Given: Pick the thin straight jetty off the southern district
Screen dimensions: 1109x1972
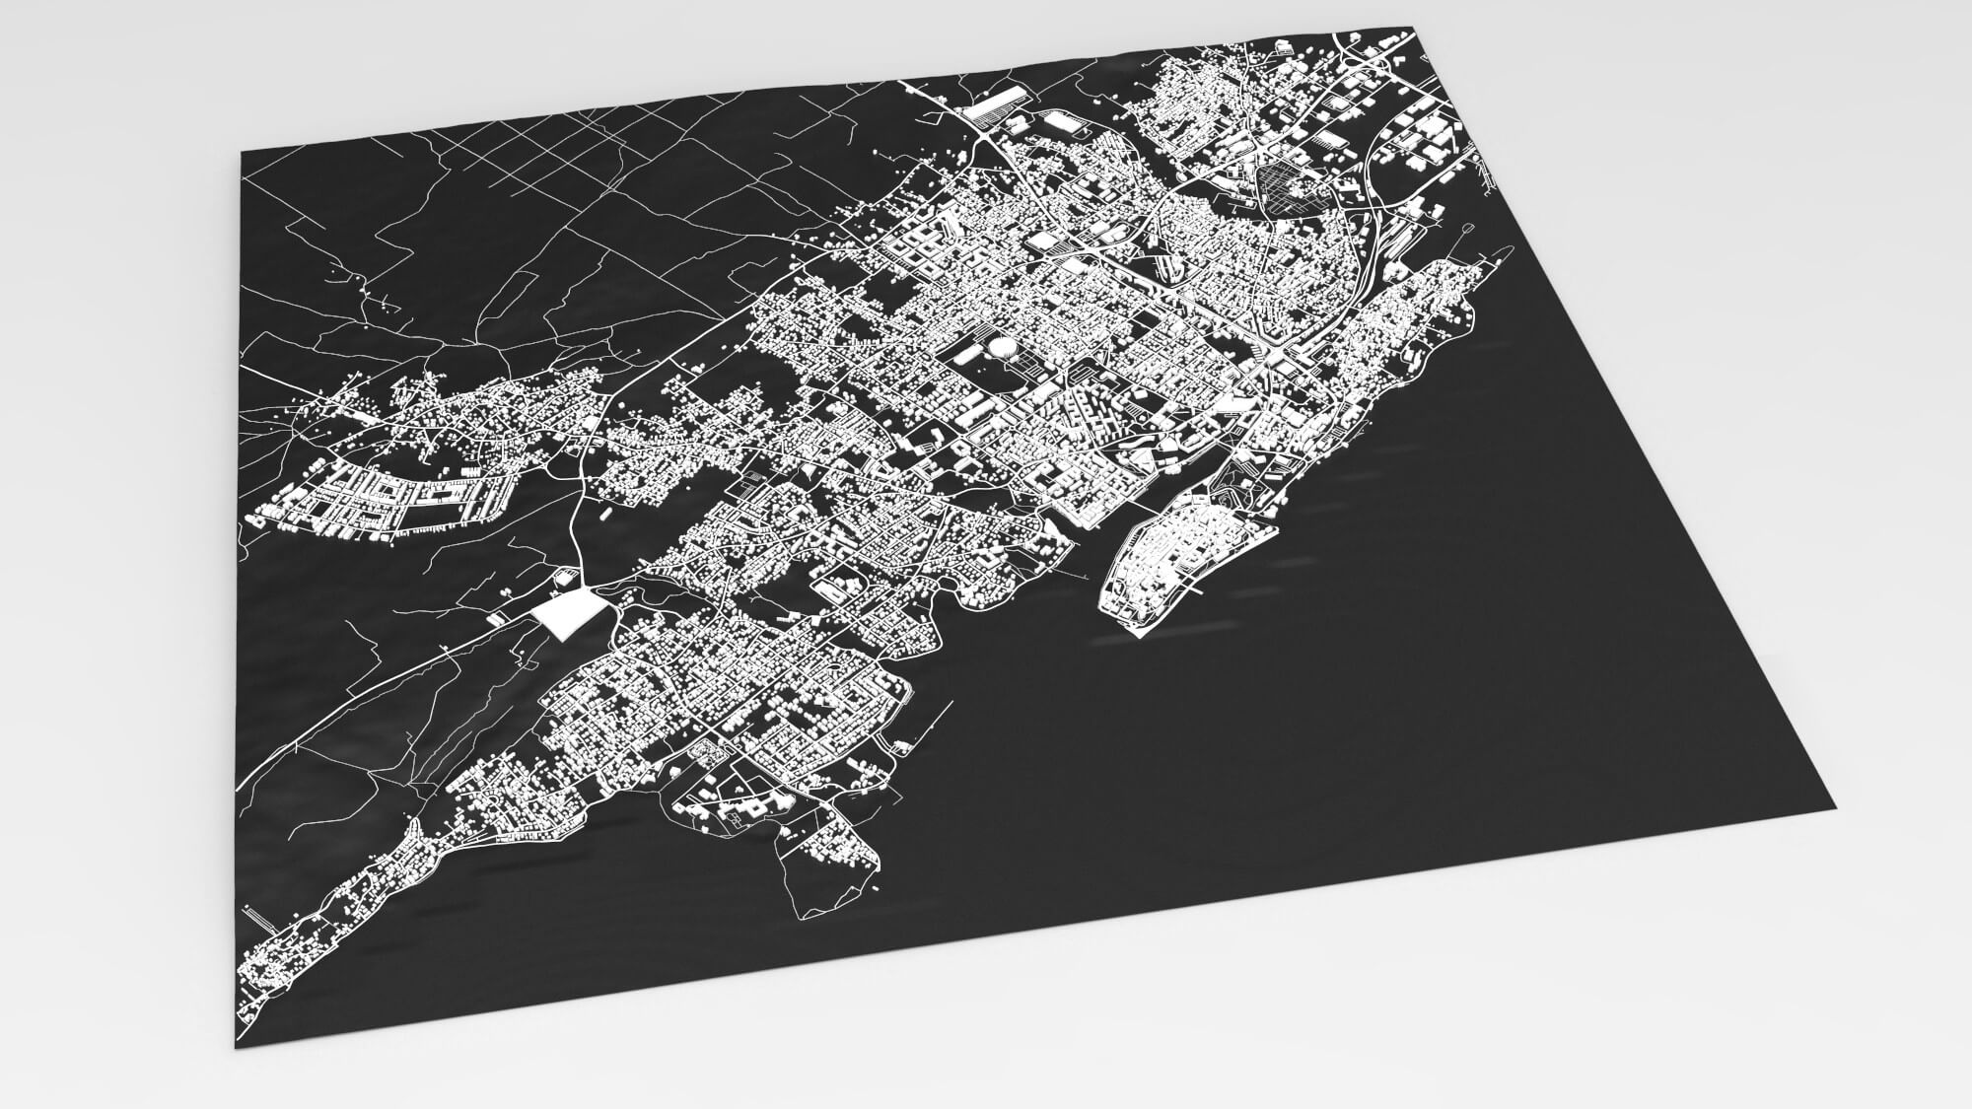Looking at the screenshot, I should [927, 725].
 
